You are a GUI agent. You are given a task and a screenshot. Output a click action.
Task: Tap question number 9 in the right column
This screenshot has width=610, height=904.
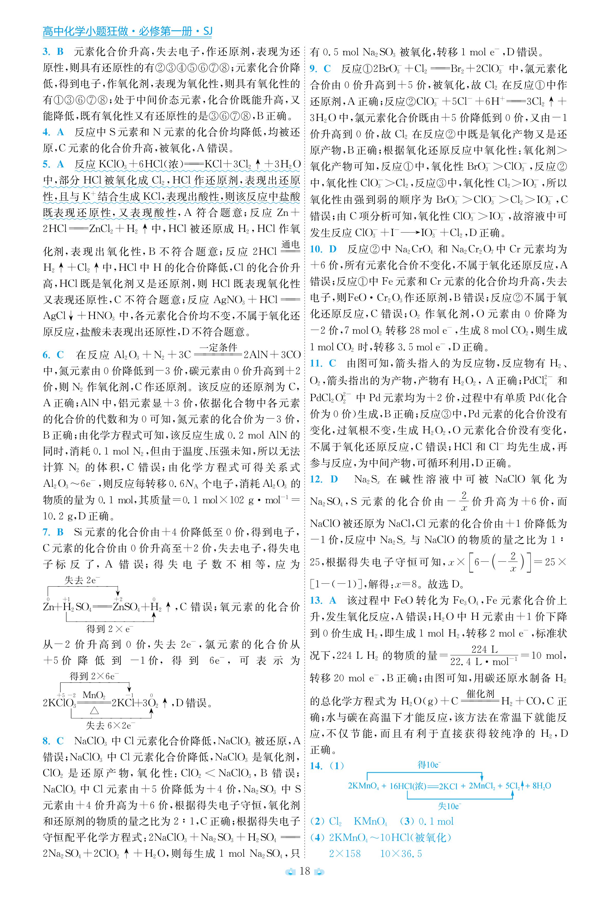click(x=320, y=69)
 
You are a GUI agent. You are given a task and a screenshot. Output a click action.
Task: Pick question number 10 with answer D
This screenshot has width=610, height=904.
click(x=322, y=249)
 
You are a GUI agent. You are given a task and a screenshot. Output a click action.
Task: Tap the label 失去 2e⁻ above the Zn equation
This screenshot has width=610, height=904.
click(x=82, y=580)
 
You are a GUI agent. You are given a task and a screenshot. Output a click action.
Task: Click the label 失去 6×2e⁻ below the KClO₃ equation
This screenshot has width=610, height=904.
click(x=110, y=725)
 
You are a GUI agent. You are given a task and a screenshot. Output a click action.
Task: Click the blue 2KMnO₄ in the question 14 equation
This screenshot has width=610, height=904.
click(x=363, y=786)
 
